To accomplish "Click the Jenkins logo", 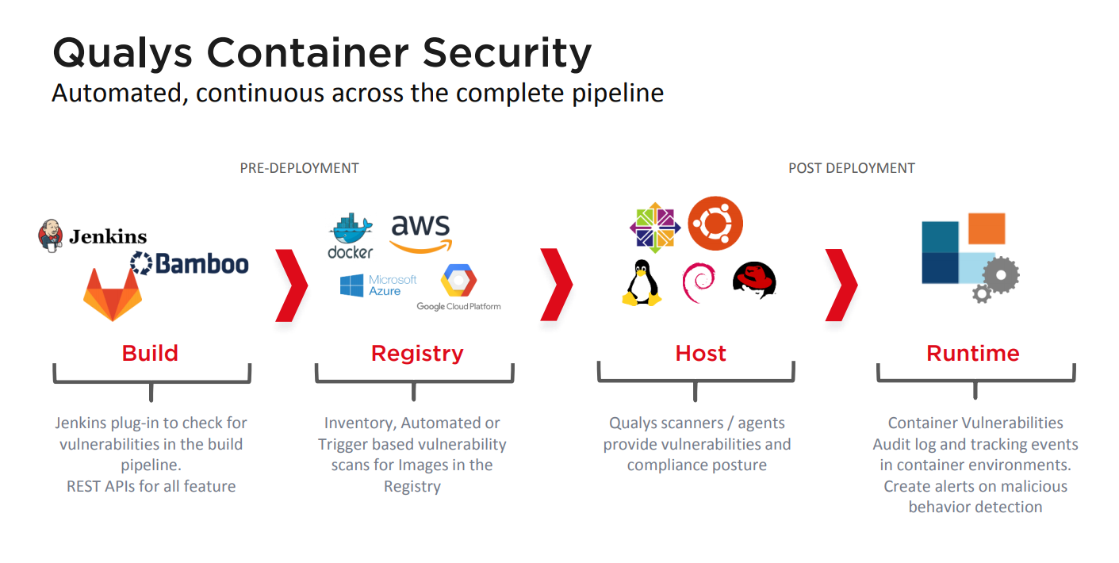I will click(92, 236).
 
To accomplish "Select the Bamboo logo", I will click(190, 263).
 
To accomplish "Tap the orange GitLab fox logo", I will click(113, 294).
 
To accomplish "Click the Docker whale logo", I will click(351, 236).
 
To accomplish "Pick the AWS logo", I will click(420, 232).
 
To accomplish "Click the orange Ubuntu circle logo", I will click(715, 224).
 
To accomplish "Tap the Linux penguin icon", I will click(641, 283).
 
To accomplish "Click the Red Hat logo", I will click(754, 280).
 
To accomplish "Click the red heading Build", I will click(150, 353).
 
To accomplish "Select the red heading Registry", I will click(417, 353).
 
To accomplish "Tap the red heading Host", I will click(700, 353).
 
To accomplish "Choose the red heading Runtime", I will click(973, 353).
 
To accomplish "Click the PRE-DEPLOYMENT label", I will click(299, 168).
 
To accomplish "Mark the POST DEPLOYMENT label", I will click(851, 168).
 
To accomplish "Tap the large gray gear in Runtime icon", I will click(1001, 274).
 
